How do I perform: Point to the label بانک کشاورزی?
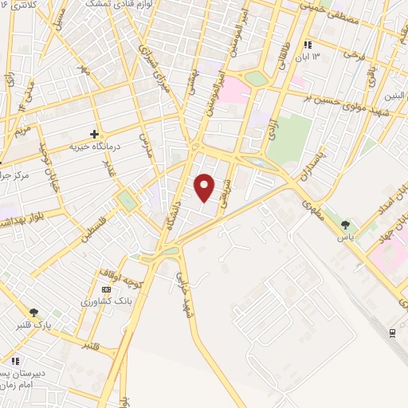(x=107, y=303)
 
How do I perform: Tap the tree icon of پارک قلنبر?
(x=33, y=312)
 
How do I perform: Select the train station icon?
(x=391, y=332)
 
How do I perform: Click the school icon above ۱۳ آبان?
(x=309, y=45)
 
